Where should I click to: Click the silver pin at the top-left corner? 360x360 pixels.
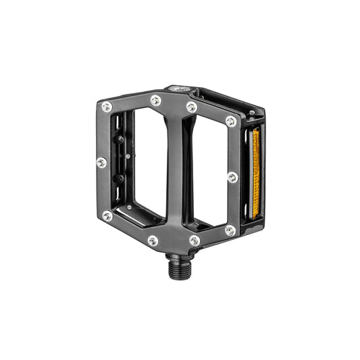(x=107, y=107)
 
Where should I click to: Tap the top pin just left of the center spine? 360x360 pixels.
(x=156, y=101)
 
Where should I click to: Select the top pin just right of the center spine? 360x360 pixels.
(x=192, y=107)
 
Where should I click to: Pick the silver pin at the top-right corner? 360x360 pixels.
(x=231, y=122)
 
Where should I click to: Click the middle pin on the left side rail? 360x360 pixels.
(x=102, y=162)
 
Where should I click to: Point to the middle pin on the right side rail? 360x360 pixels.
(x=232, y=178)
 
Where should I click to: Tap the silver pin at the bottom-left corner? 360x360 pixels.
(x=107, y=216)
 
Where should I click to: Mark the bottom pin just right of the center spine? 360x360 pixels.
(x=195, y=240)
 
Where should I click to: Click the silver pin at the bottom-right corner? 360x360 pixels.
(x=230, y=230)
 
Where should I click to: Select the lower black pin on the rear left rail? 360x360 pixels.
(x=120, y=179)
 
